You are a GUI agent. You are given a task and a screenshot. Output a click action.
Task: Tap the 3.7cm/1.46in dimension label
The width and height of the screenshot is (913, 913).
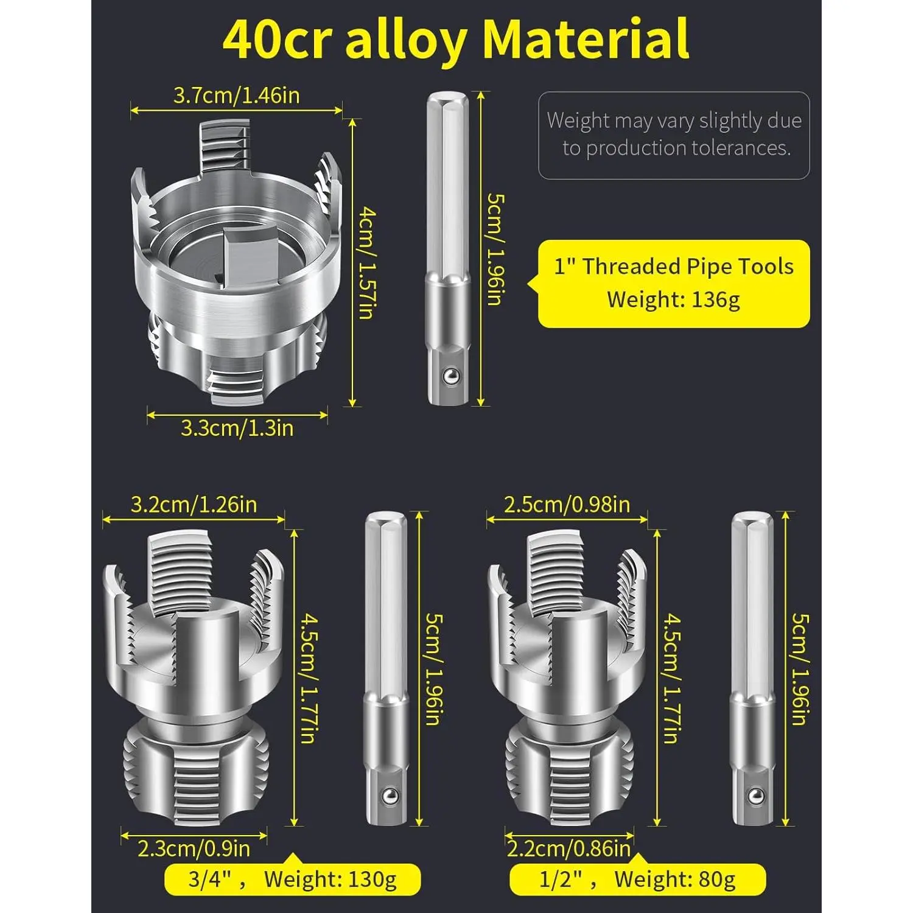(237, 96)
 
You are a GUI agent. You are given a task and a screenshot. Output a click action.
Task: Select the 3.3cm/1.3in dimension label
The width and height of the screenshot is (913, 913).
(237, 428)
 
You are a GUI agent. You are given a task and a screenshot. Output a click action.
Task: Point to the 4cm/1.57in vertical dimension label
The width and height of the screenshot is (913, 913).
(366, 263)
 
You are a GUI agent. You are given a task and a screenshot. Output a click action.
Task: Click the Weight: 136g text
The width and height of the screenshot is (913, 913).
(673, 299)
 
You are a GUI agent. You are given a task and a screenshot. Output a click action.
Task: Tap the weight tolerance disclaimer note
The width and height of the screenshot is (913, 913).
(674, 135)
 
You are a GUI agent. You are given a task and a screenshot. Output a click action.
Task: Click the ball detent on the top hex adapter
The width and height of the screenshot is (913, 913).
(450, 377)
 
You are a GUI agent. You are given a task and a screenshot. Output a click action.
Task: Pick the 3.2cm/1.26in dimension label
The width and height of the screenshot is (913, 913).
(194, 505)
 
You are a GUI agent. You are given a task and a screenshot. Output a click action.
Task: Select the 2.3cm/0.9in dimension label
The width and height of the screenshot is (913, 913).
(194, 848)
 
